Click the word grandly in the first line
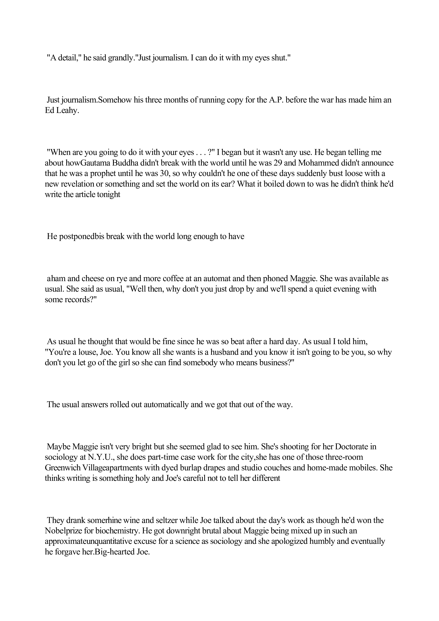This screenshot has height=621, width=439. click(119, 58)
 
